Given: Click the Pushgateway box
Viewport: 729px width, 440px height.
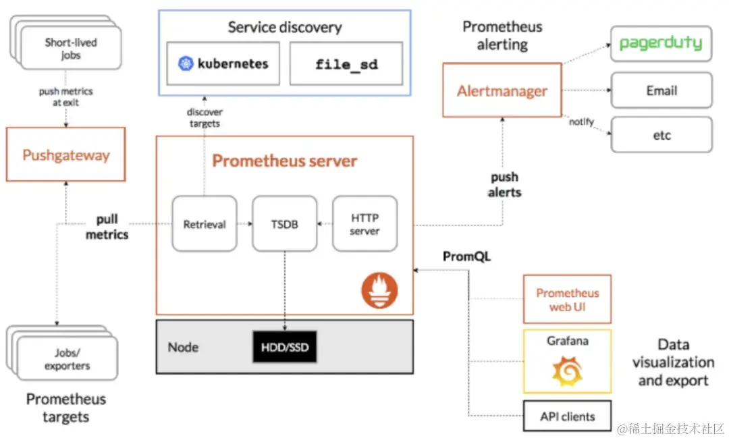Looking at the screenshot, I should click(65, 155).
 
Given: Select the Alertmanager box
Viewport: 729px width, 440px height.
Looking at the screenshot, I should click(502, 91).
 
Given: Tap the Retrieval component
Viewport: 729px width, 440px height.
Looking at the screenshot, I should click(205, 224).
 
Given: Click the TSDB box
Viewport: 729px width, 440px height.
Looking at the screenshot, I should click(284, 224).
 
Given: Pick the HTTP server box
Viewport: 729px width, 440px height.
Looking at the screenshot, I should click(364, 224).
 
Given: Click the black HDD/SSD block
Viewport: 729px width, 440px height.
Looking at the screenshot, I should click(284, 346).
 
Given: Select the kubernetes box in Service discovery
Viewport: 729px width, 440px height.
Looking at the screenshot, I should click(223, 64).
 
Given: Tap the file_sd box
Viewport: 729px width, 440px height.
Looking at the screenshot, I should click(346, 64).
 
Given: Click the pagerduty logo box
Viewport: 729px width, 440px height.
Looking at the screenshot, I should click(661, 44).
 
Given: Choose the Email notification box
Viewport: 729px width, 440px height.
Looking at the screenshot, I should click(661, 90).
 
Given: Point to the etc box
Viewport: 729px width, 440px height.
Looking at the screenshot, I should click(661, 135).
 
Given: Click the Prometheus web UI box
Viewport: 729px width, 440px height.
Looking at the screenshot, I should click(567, 299).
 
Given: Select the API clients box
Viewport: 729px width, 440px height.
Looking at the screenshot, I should click(567, 416).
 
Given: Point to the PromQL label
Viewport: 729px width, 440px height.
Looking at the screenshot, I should click(466, 257).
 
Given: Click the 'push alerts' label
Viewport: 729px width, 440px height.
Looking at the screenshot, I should click(504, 184).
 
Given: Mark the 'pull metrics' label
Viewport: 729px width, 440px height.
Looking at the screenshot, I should click(107, 227).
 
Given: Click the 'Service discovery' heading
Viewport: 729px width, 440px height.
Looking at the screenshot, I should click(284, 28).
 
